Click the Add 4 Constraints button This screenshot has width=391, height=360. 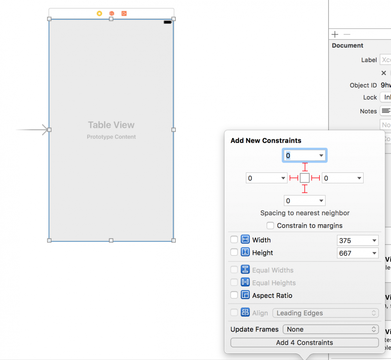coord(305,342)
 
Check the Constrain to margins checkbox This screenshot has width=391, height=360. coord(270,226)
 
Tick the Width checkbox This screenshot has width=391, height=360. coord(234,240)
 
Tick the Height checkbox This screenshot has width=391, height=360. coord(234,253)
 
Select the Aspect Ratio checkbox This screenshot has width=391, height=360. coord(234,295)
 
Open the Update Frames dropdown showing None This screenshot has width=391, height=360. coord(331,329)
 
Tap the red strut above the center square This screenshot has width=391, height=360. coord(305,167)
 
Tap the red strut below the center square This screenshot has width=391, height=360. coord(305,189)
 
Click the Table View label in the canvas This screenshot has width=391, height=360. coord(111,125)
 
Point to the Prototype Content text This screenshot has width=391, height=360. coord(111,137)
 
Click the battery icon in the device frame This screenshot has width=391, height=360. coord(168,22)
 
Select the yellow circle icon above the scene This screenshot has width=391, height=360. coord(99,14)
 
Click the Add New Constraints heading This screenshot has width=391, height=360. coord(266,140)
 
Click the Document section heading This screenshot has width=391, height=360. coord(348,45)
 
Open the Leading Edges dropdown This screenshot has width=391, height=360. coord(325,313)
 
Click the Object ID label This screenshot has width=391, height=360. coord(363,85)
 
